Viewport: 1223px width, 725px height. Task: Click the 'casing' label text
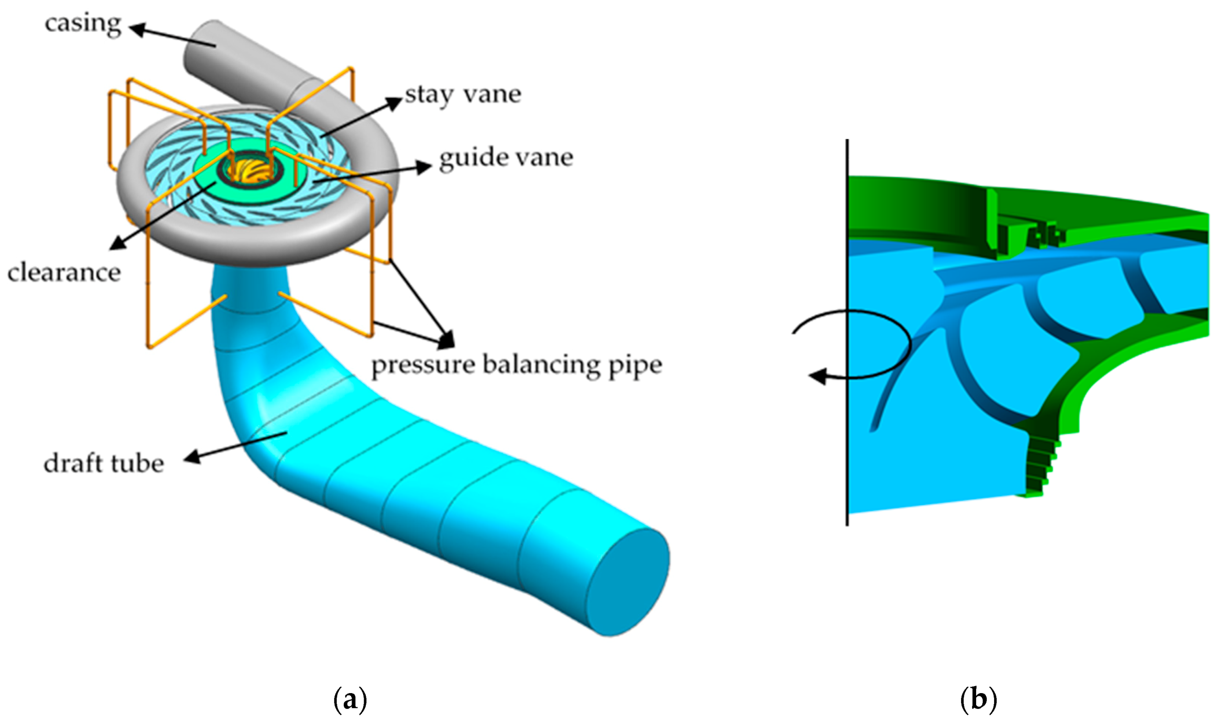(83, 24)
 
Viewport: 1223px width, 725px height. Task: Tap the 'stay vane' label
(463, 95)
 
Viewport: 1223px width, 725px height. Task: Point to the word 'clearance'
(64, 272)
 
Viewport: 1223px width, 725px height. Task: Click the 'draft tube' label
(104, 464)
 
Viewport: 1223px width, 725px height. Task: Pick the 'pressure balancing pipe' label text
(516, 365)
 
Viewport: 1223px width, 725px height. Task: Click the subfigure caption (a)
(350, 699)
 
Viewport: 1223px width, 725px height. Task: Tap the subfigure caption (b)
(978, 699)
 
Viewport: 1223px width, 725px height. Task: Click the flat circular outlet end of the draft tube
(627, 581)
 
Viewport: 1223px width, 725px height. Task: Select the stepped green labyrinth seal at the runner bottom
(1040, 466)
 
